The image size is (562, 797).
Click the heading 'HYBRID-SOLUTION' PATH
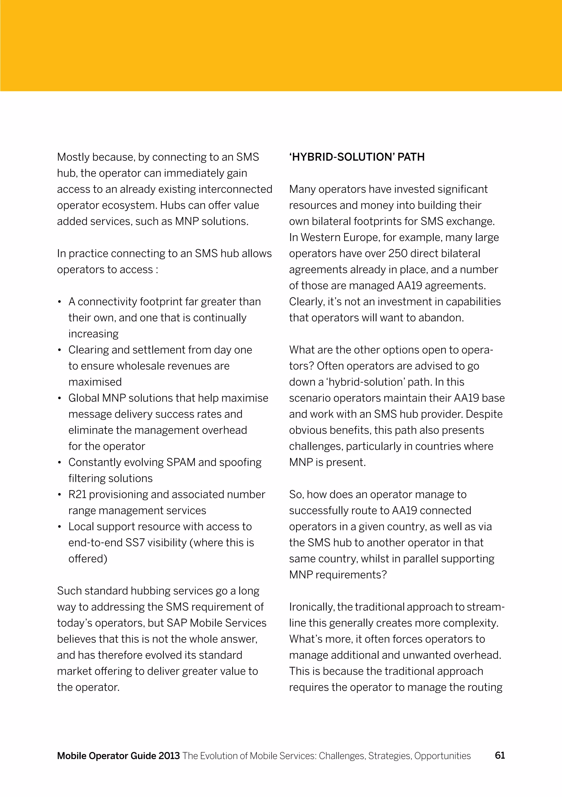coord(357,157)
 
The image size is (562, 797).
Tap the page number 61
coord(500,755)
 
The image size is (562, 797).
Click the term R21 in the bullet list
coord(77,494)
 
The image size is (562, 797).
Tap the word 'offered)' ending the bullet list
coord(88,558)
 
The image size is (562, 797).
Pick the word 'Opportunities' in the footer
coord(443,756)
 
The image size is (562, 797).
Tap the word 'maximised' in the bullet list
coord(95,382)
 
